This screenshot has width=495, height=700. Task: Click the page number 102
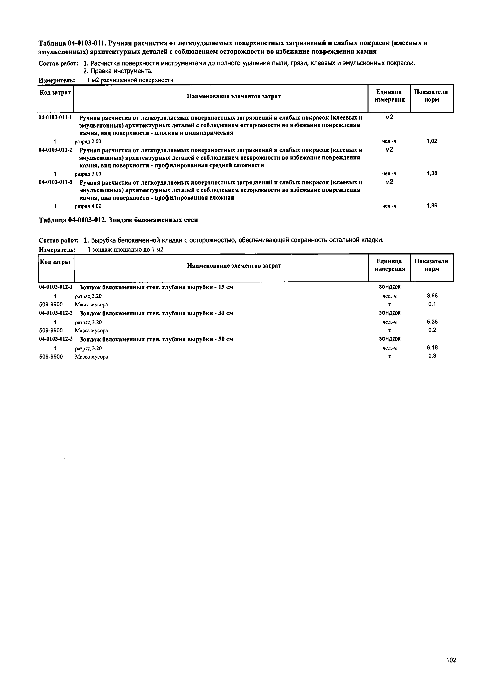[x=451, y=660]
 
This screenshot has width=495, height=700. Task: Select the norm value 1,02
[x=432, y=141]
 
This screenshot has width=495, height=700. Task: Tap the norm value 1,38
[x=432, y=173]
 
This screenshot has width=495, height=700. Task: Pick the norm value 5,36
[x=432, y=322]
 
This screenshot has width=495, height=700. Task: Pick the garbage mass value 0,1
[x=432, y=304]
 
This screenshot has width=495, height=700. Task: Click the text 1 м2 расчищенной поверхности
[x=130, y=80]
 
